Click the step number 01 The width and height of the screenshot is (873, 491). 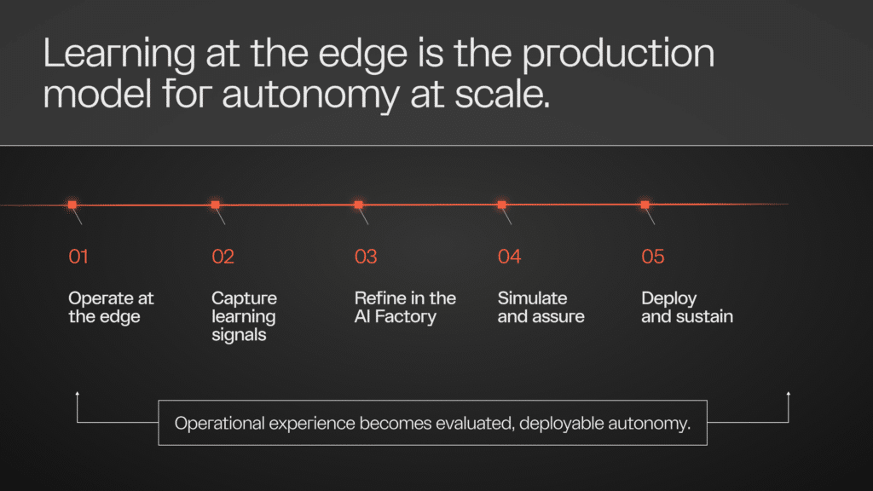pyautogui.click(x=78, y=257)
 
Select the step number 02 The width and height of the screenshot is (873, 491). pyautogui.click(x=223, y=257)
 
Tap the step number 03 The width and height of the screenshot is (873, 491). pyautogui.click(x=366, y=257)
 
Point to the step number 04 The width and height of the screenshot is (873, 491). pyautogui.click(x=510, y=257)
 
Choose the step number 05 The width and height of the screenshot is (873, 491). pyautogui.click(x=653, y=257)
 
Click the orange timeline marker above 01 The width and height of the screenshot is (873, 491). pyautogui.click(x=72, y=205)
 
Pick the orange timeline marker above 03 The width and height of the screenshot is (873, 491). pyautogui.click(x=359, y=205)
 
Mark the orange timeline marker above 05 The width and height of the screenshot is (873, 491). pyautogui.click(x=645, y=205)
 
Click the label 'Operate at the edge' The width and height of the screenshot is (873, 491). pyautogui.click(x=111, y=307)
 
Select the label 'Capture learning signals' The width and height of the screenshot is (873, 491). pyautogui.click(x=244, y=316)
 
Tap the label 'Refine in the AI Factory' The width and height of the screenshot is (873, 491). pyautogui.click(x=405, y=307)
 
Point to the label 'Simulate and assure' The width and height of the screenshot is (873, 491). pyautogui.click(x=541, y=307)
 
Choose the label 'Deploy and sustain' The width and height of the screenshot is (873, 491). pyautogui.click(x=687, y=307)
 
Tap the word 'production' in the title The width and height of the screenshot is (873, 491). pyautogui.click(x=618, y=55)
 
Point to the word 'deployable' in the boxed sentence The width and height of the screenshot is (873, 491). pyautogui.click(x=561, y=425)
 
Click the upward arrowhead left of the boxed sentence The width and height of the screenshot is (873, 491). pyautogui.click(x=78, y=394)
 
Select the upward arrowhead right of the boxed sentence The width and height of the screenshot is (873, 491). pyautogui.click(x=789, y=394)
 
